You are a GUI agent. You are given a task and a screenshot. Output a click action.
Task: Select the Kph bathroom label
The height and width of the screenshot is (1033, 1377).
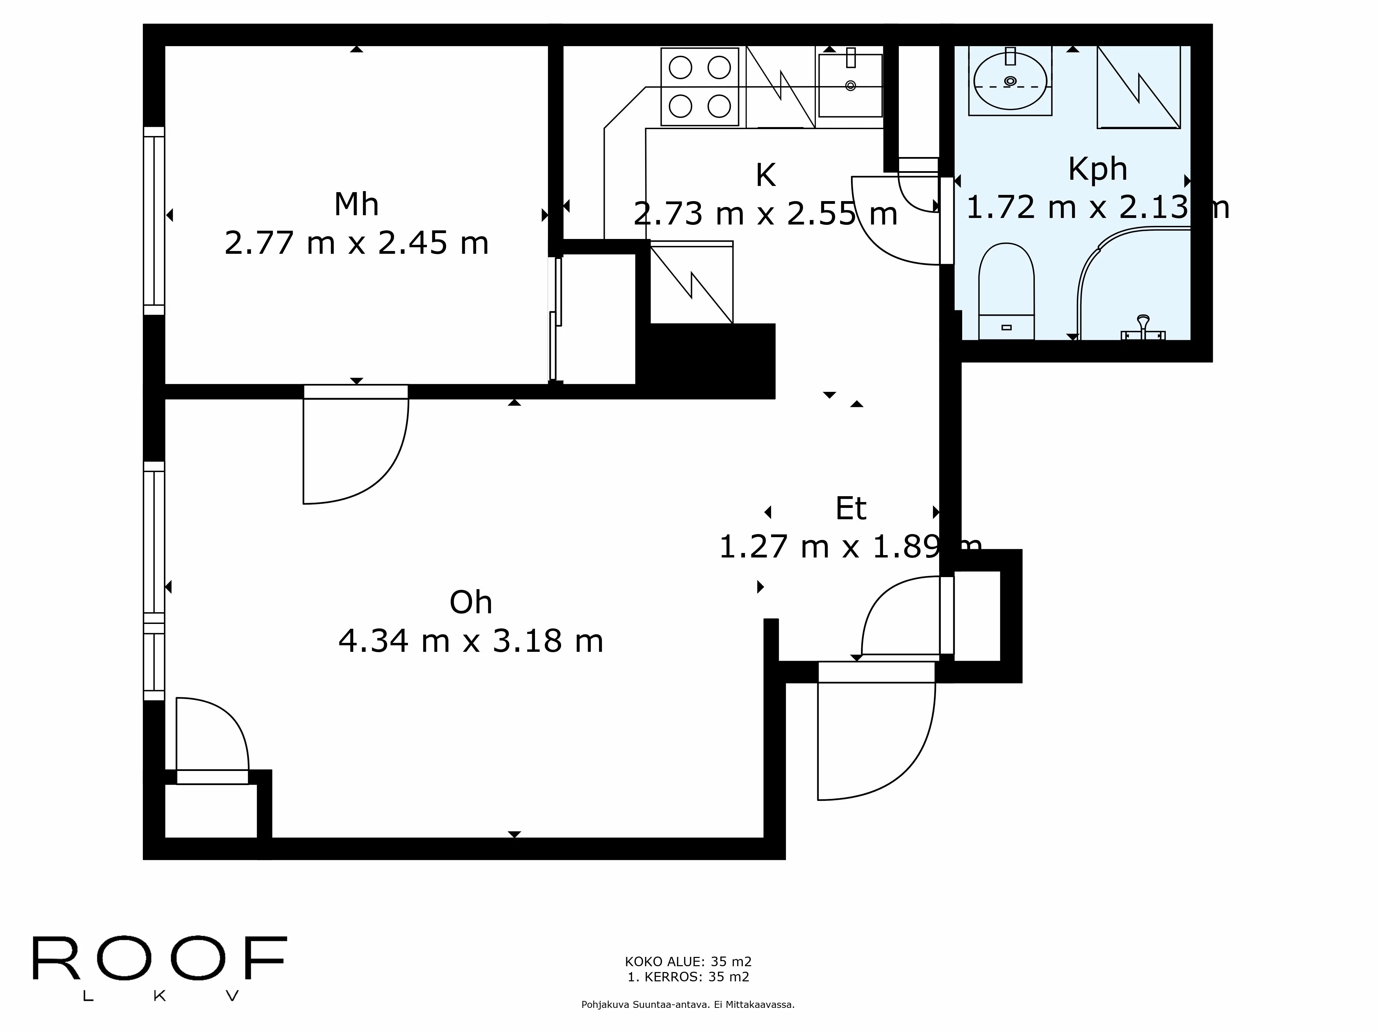point(1097,169)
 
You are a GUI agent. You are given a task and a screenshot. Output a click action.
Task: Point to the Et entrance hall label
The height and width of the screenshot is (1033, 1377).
point(850,509)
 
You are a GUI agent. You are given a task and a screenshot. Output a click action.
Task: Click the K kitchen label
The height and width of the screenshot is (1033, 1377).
point(765,176)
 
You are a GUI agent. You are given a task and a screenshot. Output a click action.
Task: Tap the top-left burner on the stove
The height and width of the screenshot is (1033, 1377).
point(680,67)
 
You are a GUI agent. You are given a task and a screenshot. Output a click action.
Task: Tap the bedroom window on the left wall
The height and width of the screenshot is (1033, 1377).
point(154,221)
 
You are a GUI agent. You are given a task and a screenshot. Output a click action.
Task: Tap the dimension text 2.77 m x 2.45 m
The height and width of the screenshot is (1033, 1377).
point(356,243)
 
